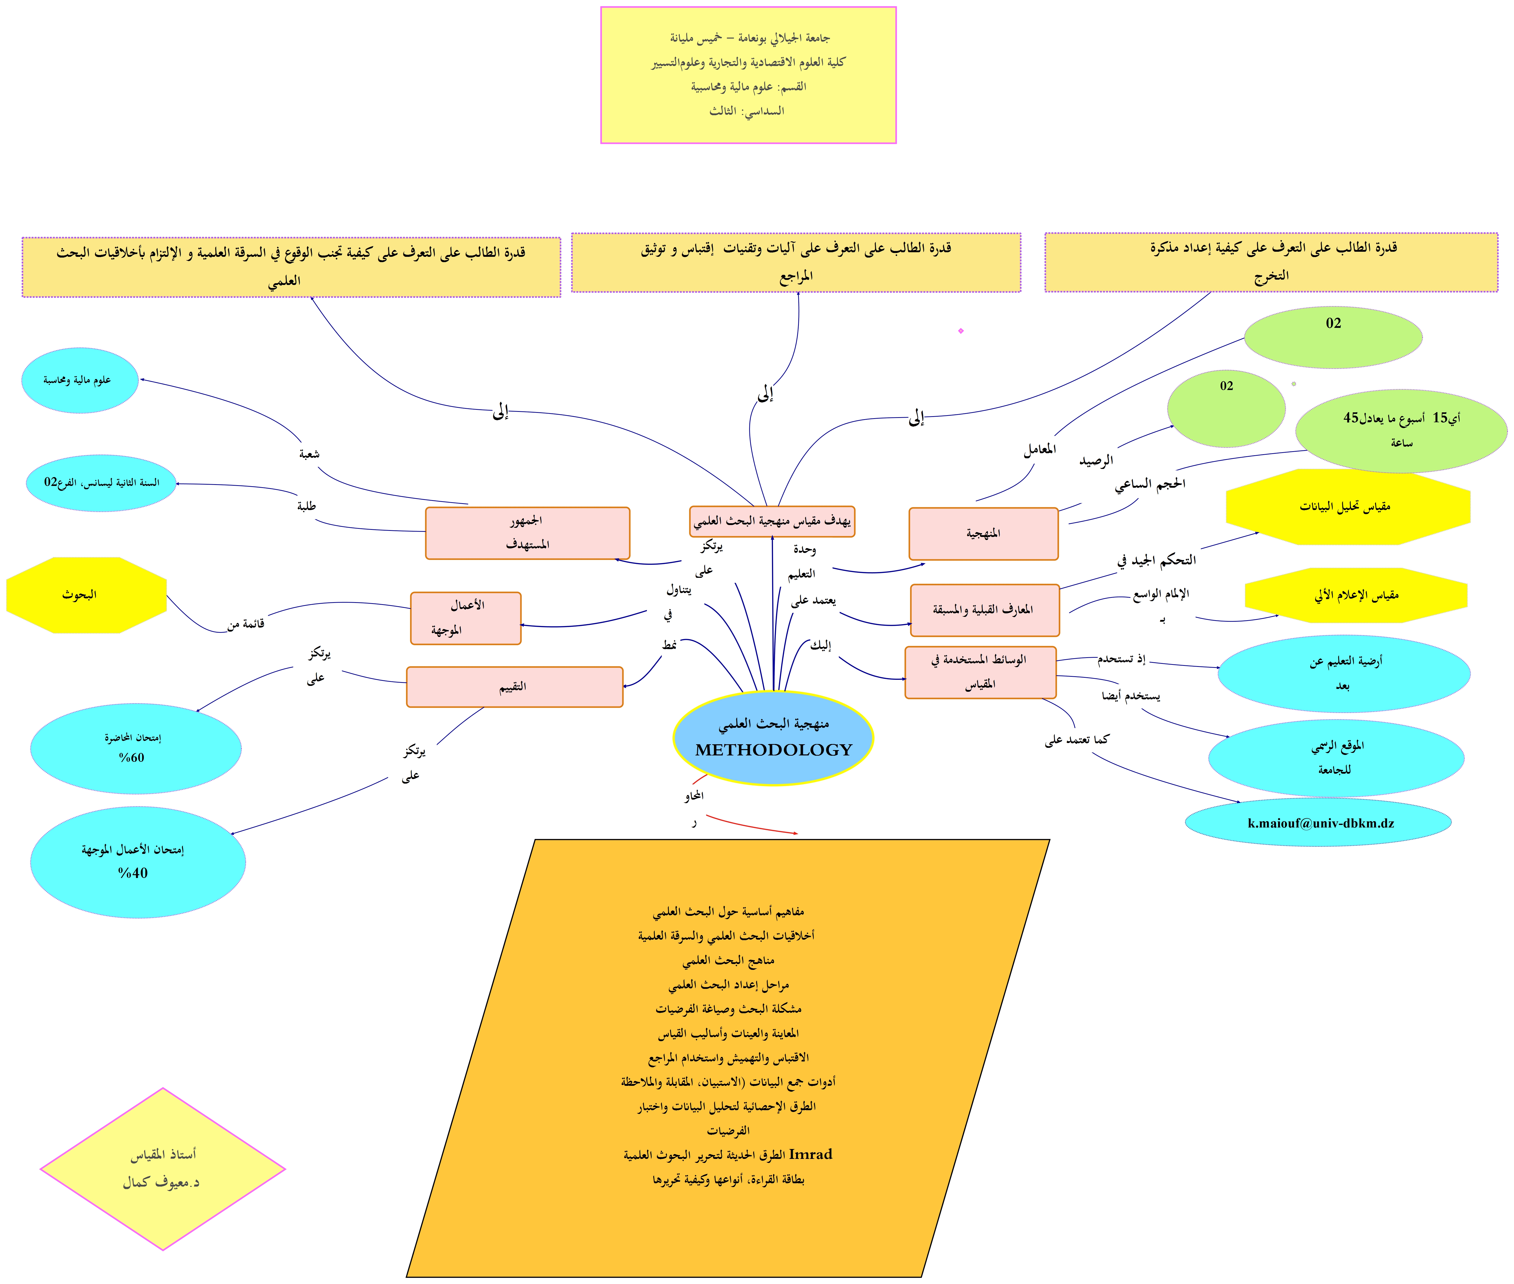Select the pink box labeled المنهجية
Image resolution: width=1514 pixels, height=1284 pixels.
tap(983, 534)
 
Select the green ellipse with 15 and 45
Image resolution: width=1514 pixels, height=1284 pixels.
tap(1401, 429)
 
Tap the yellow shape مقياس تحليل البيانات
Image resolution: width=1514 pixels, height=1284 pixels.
tap(1347, 506)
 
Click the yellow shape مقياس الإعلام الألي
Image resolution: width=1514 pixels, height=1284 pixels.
tap(1355, 595)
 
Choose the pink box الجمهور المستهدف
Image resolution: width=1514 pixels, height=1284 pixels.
tap(527, 533)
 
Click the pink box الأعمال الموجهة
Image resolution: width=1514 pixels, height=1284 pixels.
tap(466, 618)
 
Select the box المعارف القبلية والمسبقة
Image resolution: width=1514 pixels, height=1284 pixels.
tap(984, 610)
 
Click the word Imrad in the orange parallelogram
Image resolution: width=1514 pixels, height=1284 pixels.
tap(810, 1154)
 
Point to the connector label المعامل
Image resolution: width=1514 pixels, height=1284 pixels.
tap(1039, 449)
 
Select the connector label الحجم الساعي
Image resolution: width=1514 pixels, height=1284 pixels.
tap(1149, 484)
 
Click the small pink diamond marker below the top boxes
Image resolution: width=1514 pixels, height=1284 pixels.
tap(960, 331)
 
